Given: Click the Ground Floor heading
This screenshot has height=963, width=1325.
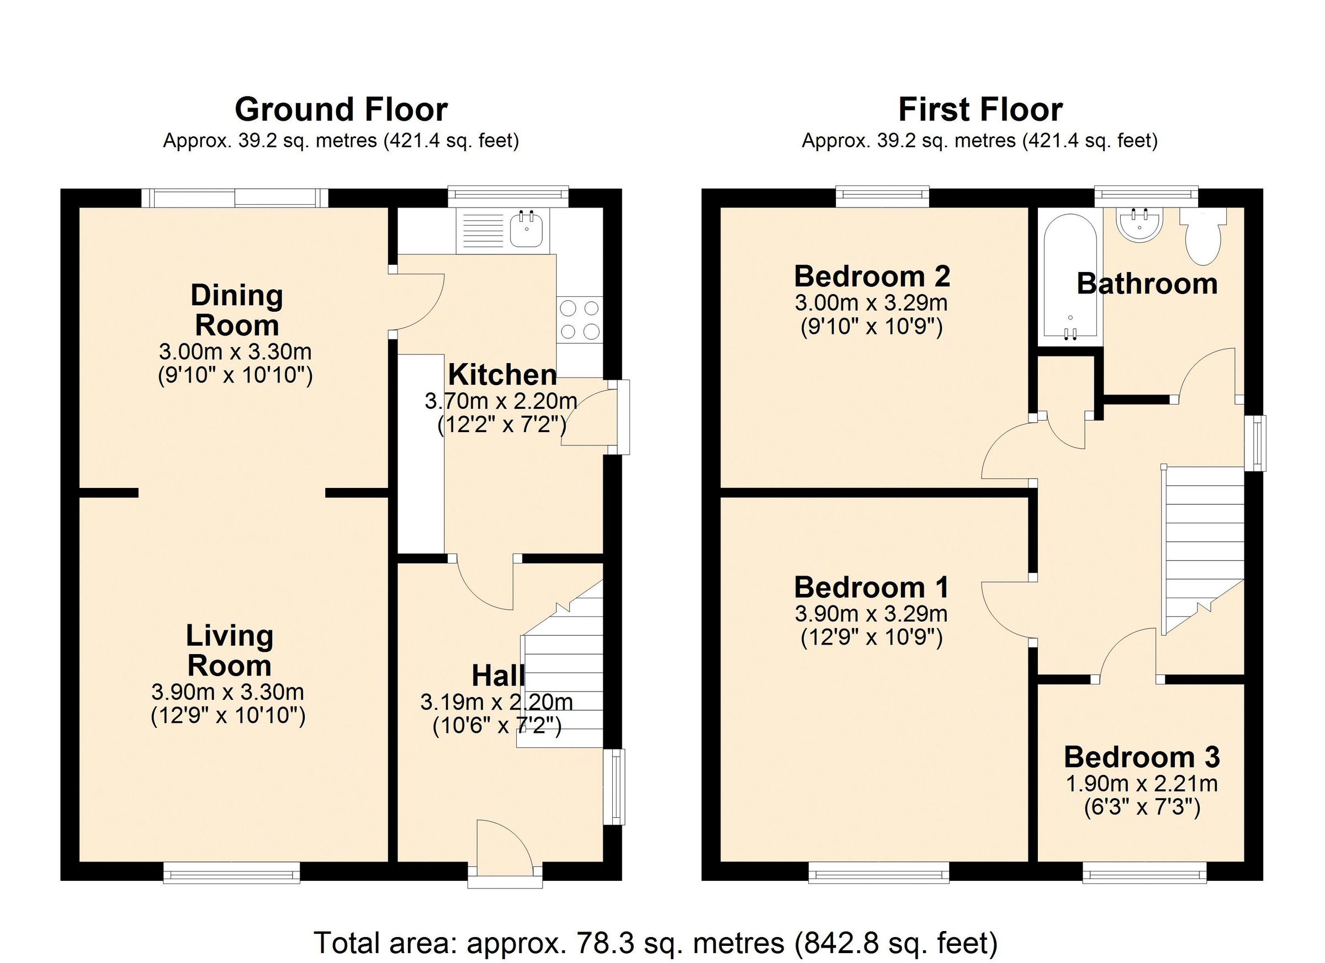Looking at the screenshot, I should pos(341,110).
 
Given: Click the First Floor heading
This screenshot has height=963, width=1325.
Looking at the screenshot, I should pos(980,110).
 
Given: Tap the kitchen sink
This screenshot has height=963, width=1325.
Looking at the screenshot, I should pos(528,230).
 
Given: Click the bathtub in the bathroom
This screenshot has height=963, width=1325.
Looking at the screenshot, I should pos(1070,278).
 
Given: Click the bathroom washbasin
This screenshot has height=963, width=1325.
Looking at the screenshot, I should pos(1140,225).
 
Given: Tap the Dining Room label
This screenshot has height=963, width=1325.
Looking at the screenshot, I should pos(237,310).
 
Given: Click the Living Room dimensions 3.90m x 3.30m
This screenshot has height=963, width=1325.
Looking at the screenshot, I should pos(228,692).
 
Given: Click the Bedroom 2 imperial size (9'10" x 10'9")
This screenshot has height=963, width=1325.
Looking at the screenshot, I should pos(871,327).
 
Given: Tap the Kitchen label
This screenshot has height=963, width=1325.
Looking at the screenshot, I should pos(502,375).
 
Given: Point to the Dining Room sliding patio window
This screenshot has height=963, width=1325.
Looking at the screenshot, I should pos(235,198).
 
